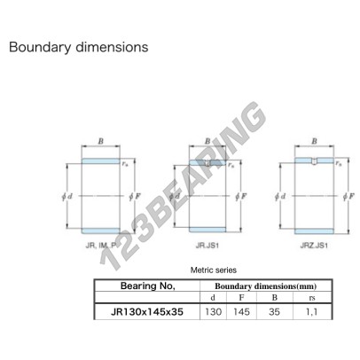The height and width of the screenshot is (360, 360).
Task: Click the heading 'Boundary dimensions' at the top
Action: tap(79, 47)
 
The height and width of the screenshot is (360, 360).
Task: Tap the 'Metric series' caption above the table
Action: tap(214, 270)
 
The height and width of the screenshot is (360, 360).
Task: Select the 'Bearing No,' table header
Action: tap(148, 286)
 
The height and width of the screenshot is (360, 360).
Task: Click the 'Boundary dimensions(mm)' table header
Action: tap(265, 286)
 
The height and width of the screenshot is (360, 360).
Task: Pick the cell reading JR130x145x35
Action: tap(147, 312)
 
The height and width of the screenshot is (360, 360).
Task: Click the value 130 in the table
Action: tap(213, 312)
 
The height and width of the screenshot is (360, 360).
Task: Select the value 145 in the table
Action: tap(241, 312)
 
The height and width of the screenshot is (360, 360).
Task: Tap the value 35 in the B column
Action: tap(275, 312)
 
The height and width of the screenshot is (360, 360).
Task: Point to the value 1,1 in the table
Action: tap(312, 312)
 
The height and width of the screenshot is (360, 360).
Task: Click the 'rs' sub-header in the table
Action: tap(312, 298)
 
